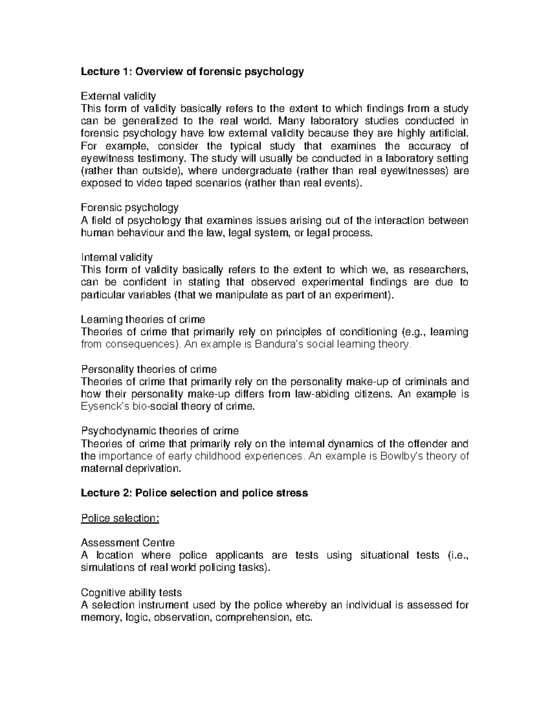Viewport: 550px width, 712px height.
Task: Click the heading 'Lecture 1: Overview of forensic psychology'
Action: [192, 72]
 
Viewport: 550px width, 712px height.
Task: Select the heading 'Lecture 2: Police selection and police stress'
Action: [194, 493]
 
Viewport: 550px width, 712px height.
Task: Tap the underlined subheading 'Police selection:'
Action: [120, 518]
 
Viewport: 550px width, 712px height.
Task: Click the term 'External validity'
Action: [118, 96]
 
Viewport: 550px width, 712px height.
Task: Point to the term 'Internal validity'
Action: [117, 257]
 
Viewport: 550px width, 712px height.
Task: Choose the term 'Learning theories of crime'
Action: [143, 319]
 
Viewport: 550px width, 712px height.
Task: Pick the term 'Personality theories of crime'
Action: [148, 369]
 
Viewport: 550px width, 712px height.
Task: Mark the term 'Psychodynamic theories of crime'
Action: [159, 431]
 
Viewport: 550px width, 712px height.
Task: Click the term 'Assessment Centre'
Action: [127, 543]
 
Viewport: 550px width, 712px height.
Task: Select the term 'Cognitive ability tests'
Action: [131, 593]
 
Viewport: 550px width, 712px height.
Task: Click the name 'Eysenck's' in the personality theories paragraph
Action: [103, 406]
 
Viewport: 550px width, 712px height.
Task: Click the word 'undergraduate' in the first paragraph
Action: [253, 171]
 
